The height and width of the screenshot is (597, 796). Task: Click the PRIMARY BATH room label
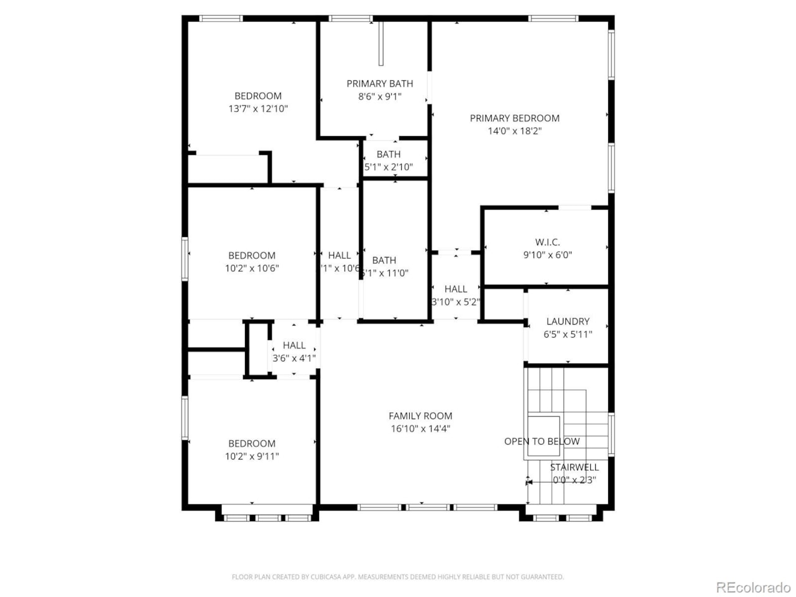379,83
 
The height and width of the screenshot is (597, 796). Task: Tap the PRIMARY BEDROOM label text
514,118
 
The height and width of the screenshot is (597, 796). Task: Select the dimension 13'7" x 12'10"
258,109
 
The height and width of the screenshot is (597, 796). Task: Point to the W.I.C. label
547,242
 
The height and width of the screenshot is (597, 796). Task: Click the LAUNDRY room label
568,322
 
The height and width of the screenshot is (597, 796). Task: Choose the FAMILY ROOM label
420,416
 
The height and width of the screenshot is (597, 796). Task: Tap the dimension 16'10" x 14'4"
420,428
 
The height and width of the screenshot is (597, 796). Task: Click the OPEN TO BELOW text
542,442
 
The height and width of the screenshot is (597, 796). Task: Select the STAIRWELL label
574,467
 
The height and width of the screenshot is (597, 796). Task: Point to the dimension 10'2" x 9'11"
252,456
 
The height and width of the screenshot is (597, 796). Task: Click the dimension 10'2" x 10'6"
252,268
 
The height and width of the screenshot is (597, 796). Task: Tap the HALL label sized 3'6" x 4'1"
294,345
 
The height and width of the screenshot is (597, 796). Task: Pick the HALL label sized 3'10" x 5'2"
456,289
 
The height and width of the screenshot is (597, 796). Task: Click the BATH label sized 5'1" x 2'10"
389,154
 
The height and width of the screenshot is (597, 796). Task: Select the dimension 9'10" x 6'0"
547,255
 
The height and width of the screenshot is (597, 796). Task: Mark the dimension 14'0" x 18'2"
514,131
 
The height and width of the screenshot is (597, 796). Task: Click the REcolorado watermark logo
753,587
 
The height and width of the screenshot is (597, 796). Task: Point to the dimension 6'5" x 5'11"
568,335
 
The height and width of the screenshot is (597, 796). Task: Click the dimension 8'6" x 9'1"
379,96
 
